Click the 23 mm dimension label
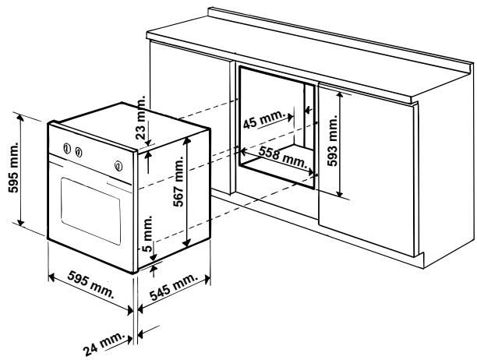click(x=141, y=116)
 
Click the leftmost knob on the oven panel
click(x=67, y=150)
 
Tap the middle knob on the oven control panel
click(x=79, y=153)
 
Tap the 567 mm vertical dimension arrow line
click(x=187, y=195)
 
